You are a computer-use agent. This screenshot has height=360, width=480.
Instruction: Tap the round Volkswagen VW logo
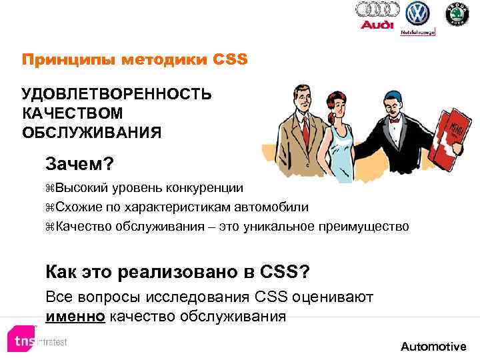(x=418, y=13)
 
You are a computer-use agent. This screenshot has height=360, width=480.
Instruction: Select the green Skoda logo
(x=457, y=13)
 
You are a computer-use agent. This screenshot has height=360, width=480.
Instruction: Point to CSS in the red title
(x=230, y=59)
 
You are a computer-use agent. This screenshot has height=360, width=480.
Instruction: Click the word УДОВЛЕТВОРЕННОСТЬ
(x=117, y=93)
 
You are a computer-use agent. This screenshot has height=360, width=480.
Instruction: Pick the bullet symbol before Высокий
(x=50, y=189)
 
